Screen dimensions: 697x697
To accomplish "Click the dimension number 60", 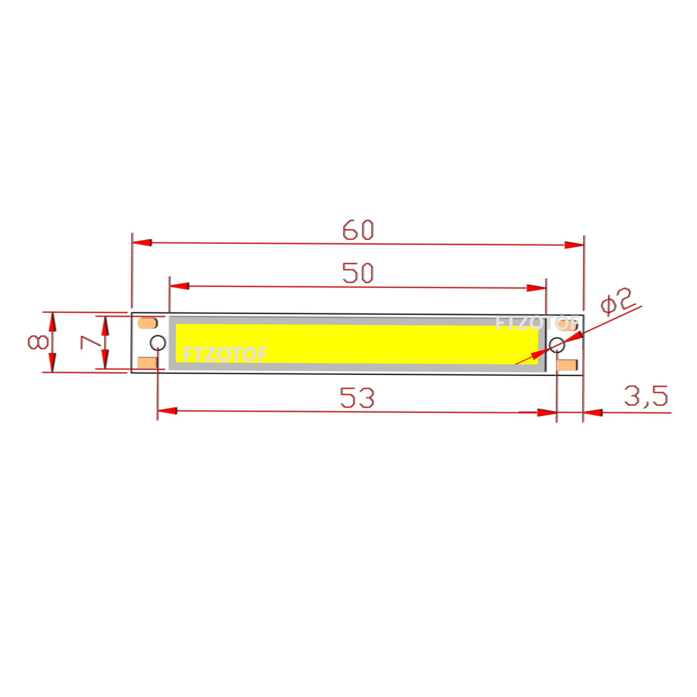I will coord(358,230).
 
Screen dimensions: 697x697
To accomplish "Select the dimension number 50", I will coord(358,273).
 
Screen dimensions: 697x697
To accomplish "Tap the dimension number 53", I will coord(357,397).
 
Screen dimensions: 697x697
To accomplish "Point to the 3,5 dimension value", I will coord(646,396).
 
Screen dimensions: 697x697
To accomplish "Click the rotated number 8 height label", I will coord(38,342).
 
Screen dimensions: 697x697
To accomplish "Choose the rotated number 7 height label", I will coord(90,342).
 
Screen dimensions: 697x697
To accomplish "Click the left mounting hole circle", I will coord(157,343).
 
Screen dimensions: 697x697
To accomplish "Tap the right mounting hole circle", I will coord(556,345).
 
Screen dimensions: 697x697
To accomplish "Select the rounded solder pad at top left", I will coord(148,323).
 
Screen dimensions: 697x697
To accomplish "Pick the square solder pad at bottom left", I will coord(148,363).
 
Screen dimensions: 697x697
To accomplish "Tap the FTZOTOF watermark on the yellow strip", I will coord(224,354).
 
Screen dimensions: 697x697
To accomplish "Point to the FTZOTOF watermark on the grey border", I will coord(534,323).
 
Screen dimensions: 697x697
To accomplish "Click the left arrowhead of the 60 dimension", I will coord(142,243).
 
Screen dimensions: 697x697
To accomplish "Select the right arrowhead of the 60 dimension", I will coord(574,245).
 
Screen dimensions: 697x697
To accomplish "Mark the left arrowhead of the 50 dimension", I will coord(179,286).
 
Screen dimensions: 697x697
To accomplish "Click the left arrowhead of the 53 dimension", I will coord(167,411).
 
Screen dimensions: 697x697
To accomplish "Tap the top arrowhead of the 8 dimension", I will coord(52,322).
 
